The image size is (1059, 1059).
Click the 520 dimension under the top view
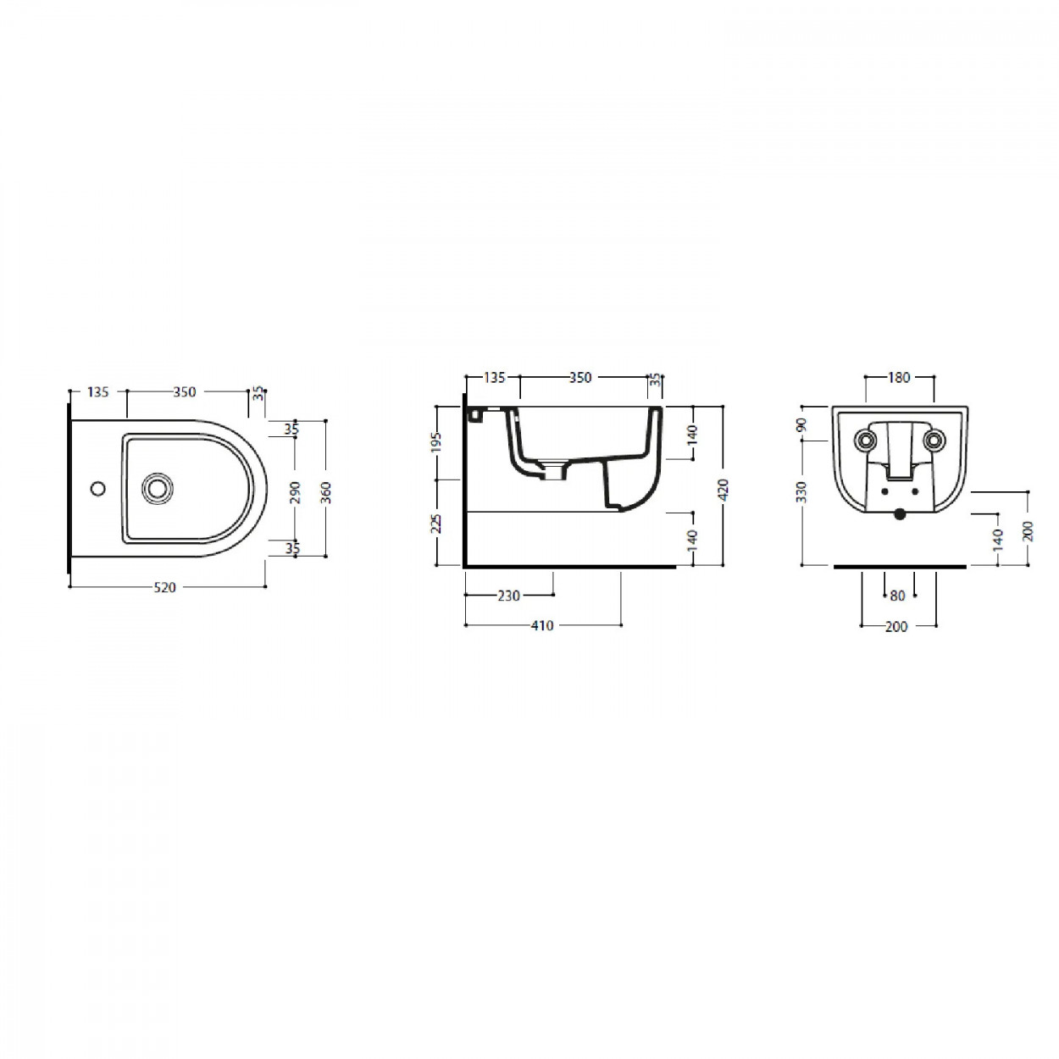(164, 587)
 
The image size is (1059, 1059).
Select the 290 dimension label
(295, 492)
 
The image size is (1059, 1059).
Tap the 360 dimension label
(325, 492)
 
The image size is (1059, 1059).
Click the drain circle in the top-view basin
(158, 487)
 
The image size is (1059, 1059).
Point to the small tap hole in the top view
(97, 488)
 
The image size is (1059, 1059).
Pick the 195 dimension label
(437, 443)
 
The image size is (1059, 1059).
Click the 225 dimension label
(437, 524)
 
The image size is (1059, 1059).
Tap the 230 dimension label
(508, 596)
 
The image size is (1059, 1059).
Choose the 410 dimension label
(542, 626)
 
